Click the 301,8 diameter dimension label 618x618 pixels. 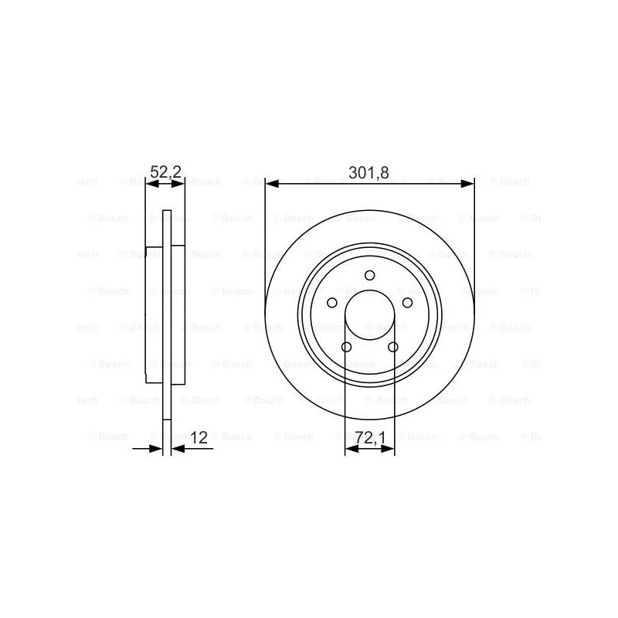pos(368,172)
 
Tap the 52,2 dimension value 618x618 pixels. pos(165,172)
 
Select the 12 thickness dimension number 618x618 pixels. pos(199,437)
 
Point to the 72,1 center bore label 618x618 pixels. pos(370,438)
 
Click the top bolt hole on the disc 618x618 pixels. pos(370,275)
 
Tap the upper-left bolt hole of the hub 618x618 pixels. pos(332,303)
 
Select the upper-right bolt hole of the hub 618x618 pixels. pos(407,303)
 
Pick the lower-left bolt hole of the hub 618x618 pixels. pos(346,347)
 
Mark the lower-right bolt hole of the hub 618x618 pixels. pos(393,347)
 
